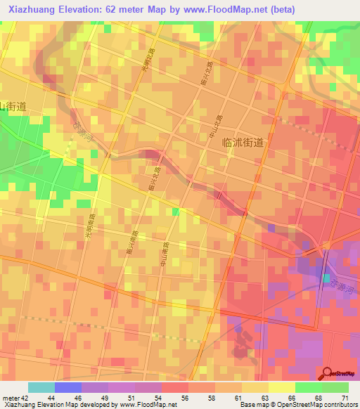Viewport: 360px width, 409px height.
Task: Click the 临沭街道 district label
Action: pyautogui.click(x=242, y=142)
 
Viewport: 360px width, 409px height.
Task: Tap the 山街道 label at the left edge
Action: pyautogui.click(x=13, y=107)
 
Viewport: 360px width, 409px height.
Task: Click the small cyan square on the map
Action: pyautogui.click(x=327, y=278)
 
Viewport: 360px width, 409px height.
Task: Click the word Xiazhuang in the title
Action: pyautogui.click(x=36, y=9)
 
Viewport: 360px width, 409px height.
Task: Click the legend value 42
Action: pyautogui.click(x=25, y=397)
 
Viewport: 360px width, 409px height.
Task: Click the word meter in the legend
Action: pyautogui.click(x=11, y=397)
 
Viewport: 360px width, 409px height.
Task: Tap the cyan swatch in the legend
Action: pyautogui.click(x=41, y=387)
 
